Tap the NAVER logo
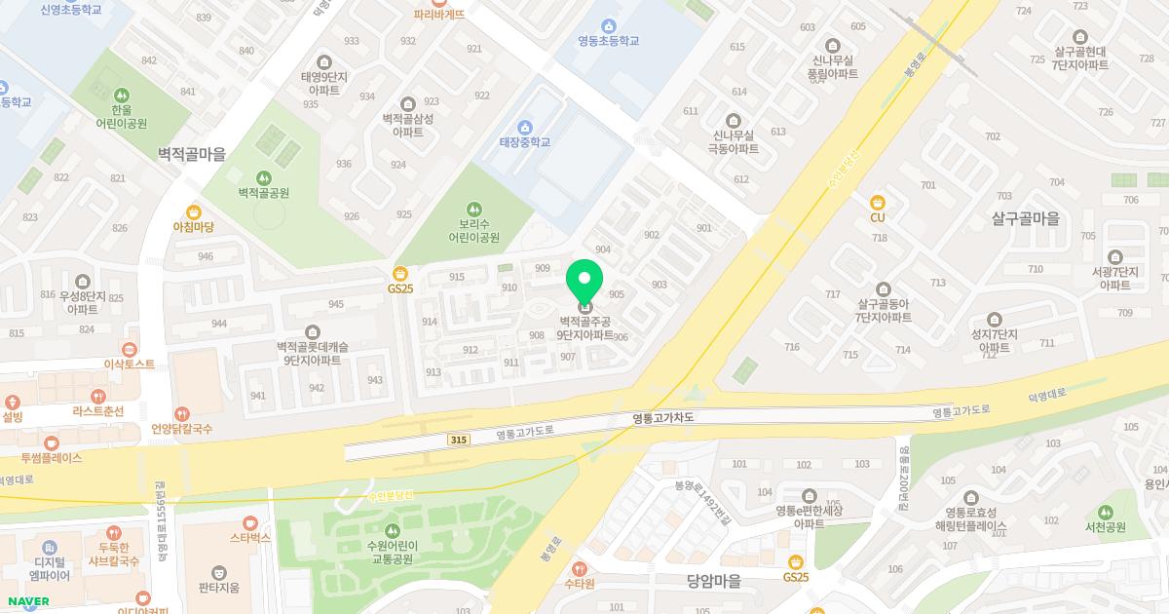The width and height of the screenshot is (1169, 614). [x=27, y=601]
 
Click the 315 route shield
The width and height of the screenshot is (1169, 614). [x=458, y=441]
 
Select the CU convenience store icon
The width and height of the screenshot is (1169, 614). [x=878, y=202]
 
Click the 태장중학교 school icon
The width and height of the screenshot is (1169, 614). [x=525, y=127]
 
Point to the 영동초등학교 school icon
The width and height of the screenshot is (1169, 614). [x=609, y=25]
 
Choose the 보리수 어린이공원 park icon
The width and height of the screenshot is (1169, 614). [x=473, y=209]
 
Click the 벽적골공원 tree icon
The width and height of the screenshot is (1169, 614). [x=263, y=177]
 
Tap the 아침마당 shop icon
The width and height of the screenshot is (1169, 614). [x=193, y=211]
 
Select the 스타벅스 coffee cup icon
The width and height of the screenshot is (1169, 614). [x=249, y=522]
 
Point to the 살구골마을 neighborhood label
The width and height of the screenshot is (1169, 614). [x=1025, y=219]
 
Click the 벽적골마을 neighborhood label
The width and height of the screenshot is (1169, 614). [x=192, y=154]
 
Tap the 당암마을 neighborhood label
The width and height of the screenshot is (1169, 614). [x=713, y=581]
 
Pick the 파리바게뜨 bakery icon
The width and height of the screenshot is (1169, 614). [x=438, y=3]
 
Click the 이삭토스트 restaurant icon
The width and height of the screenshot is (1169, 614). [x=130, y=349]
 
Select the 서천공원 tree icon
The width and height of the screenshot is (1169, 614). [x=1105, y=512]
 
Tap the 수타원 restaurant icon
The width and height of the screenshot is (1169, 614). [x=579, y=568]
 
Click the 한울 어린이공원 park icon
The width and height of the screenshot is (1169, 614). [x=122, y=95]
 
